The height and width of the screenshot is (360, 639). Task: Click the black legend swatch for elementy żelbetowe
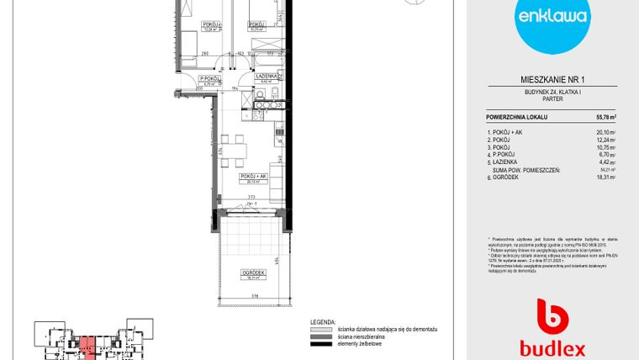[320, 344]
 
